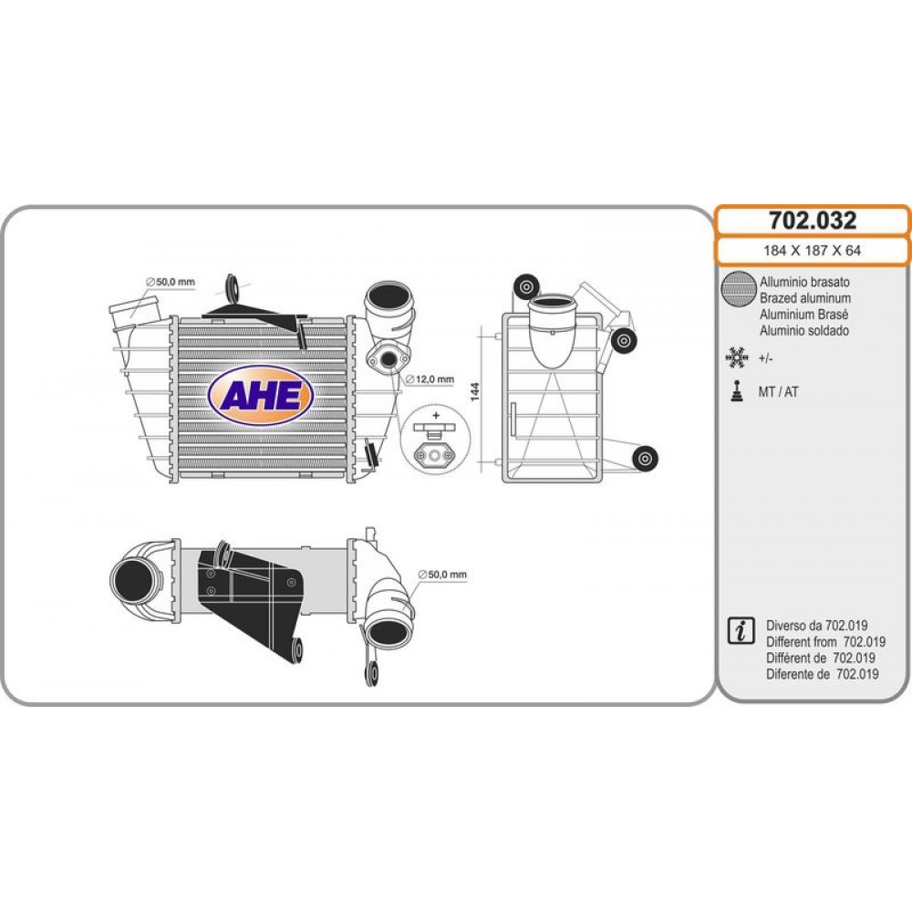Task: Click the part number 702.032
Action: click(x=813, y=221)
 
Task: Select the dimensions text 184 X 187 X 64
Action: click(x=812, y=251)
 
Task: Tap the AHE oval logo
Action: click(x=261, y=396)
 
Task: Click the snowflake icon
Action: click(x=736, y=358)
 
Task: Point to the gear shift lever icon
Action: click(x=737, y=391)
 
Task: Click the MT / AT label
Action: click(x=778, y=392)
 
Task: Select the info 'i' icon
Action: click(x=741, y=630)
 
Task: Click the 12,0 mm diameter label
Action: click(x=430, y=379)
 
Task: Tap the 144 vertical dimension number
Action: click(x=475, y=391)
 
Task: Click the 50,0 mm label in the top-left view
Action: click(x=171, y=282)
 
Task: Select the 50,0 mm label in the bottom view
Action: click(x=442, y=575)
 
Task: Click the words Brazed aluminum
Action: click(x=805, y=298)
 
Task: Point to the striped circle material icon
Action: click(x=738, y=288)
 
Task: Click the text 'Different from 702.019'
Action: click(x=826, y=642)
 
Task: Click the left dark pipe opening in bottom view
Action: click(x=133, y=581)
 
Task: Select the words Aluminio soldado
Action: click(x=804, y=331)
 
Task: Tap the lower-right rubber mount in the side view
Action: click(x=645, y=459)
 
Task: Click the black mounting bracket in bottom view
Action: click(x=250, y=599)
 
